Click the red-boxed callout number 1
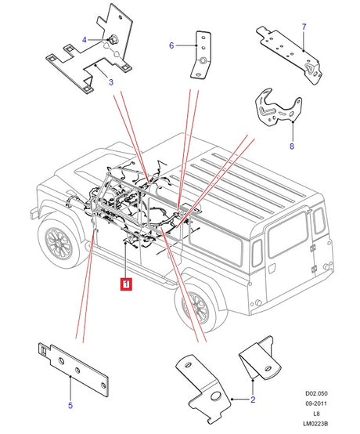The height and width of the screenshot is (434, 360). (125, 284)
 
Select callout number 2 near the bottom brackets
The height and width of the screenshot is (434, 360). (253, 400)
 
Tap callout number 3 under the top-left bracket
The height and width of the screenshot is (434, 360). (110, 81)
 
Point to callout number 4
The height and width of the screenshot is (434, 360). (85, 38)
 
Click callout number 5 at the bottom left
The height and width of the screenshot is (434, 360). (70, 406)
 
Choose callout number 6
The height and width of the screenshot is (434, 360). (171, 45)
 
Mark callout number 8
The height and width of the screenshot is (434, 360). (291, 146)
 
